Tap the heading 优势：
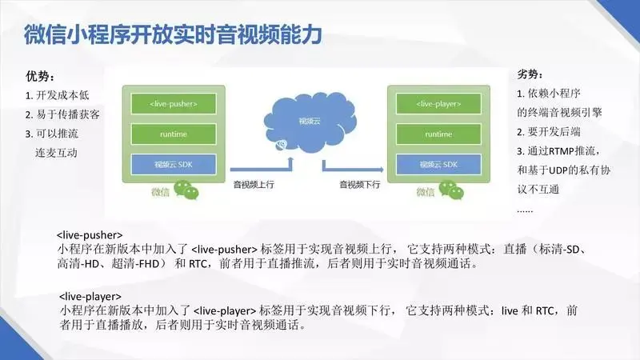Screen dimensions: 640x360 click(x=40, y=78)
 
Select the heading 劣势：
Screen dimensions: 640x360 click(x=530, y=74)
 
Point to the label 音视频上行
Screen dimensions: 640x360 click(x=253, y=185)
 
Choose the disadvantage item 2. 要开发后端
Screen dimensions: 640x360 click(x=557, y=131)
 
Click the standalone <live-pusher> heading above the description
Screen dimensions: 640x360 click(x=90, y=234)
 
